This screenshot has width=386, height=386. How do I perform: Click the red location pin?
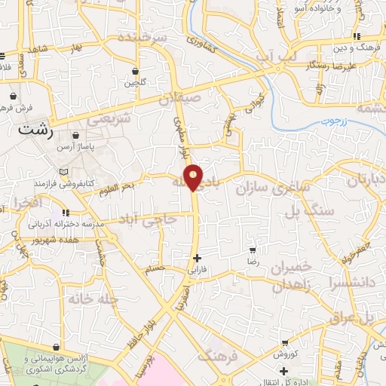tap(195, 176)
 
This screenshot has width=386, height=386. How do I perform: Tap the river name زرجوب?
tap(328, 119)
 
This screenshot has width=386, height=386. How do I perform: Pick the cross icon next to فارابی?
tap(197, 257)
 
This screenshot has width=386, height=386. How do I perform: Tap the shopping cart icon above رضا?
tap(253, 250)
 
